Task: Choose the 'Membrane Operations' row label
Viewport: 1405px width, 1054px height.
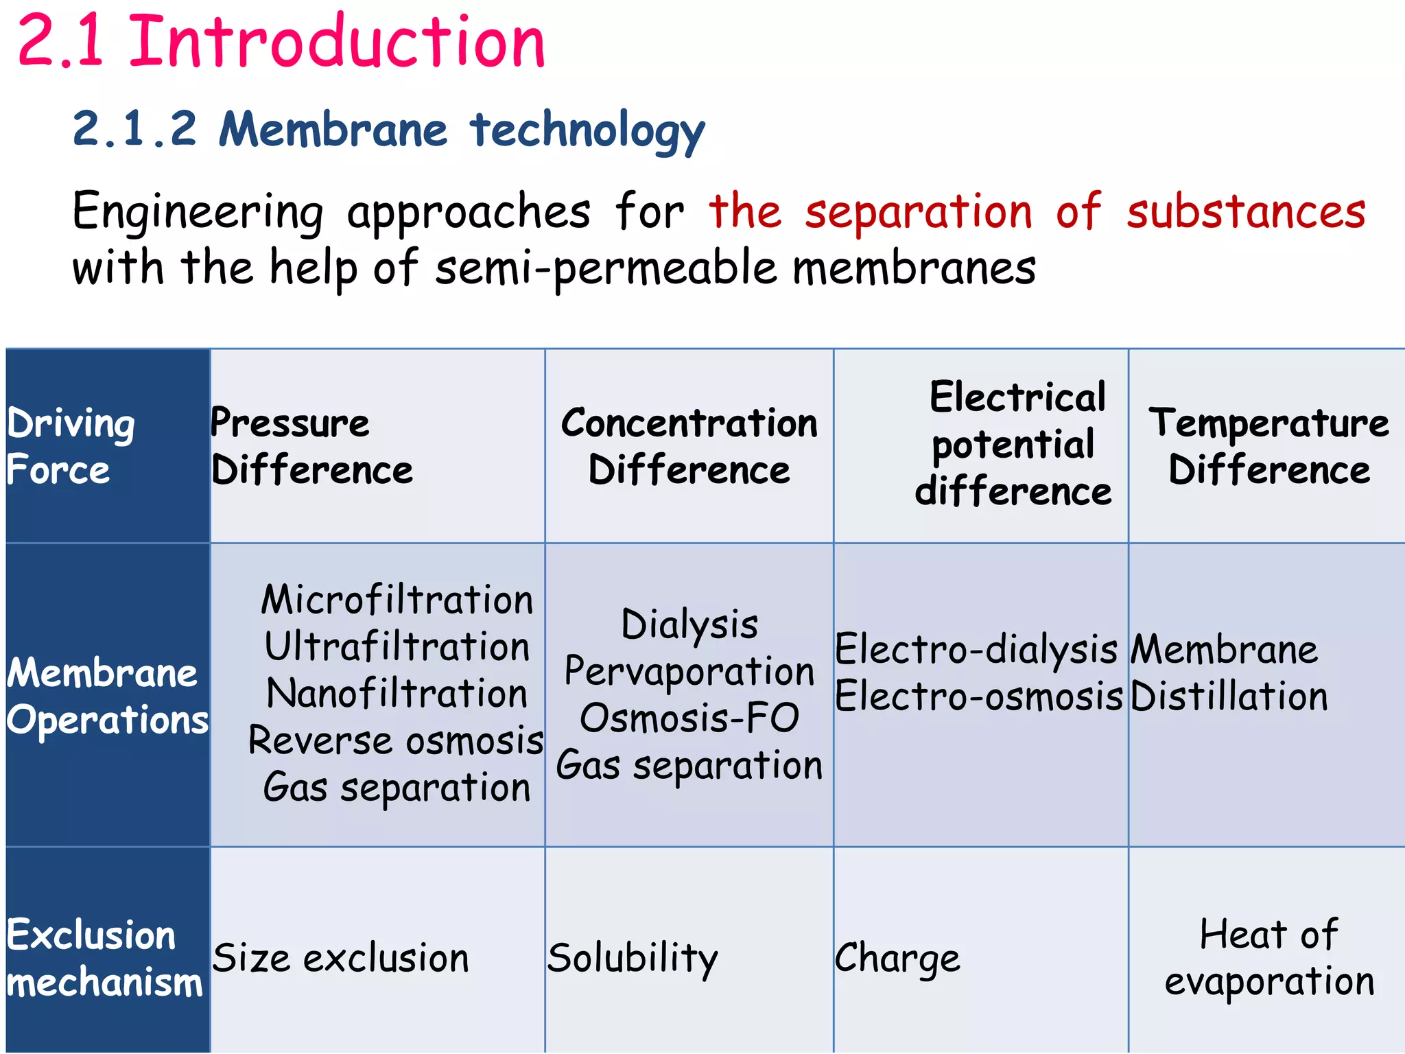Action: pyautogui.click(x=107, y=696)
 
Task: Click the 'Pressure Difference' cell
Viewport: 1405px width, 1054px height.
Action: pyautogui.click(x=311, y=446)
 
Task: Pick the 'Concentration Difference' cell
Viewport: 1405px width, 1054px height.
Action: pyautogui.click(x=689, y=446)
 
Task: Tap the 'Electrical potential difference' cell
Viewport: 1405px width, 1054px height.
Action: pyautogui.click(x=1014, y=445)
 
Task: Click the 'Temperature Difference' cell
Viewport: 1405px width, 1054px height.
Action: pyautogui.click(x=1269, y=446)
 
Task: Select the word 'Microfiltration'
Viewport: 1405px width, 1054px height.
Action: pyautogui.click(x=397, y=600)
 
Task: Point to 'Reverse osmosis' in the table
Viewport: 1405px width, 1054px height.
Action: pyautogui.click(x=396, y=741)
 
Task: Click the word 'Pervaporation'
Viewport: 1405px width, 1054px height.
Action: pyautogui.click(x=689, y=671)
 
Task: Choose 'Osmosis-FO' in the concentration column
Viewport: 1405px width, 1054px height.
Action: pyautogui.click(x=689, y=718)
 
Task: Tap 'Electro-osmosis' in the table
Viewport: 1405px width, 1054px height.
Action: pyautogui.click(x=978, y=696)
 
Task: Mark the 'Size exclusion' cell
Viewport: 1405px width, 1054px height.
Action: pyautogui.click(x=340, y=958)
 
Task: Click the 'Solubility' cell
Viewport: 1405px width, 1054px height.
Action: pyautogui.click(x=632, y=958)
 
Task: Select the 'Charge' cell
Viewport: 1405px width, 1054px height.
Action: pyautogui.click(x=897, y=958)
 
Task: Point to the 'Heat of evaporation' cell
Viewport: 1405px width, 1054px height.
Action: pyautogui.click(x=1269, y=958)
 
